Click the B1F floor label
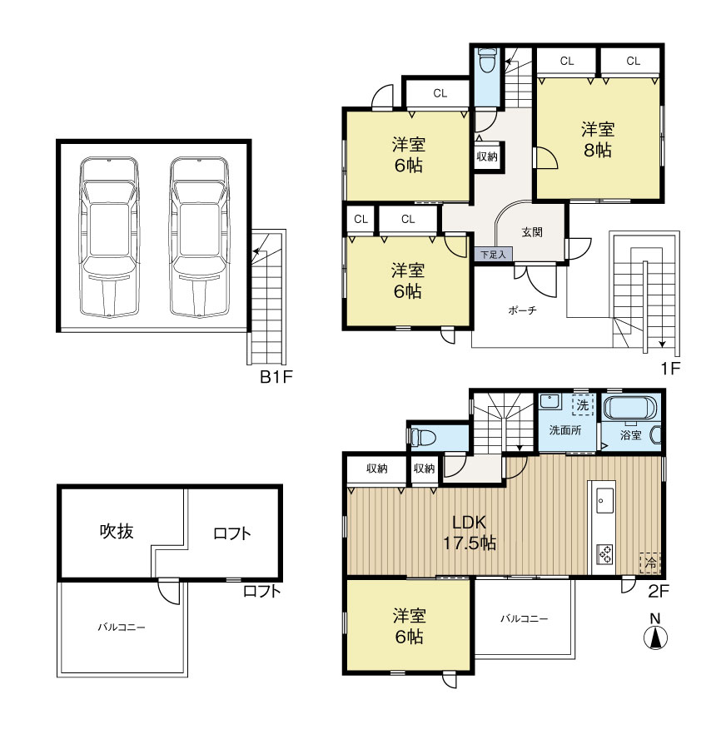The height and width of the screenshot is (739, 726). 276,376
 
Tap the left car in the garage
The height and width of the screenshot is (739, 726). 109,236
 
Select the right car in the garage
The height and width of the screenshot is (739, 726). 200,236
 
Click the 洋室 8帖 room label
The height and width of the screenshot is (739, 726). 597,140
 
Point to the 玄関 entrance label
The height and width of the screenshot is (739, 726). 532,232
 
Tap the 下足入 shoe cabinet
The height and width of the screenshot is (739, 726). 493,255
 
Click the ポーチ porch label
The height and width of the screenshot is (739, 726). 522,310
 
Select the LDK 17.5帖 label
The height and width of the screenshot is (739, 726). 469,533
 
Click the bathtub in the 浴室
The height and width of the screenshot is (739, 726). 629,408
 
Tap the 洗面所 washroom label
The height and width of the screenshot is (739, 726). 564,429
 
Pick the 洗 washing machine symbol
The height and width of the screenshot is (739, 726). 583,404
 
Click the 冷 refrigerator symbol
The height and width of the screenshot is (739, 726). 650,563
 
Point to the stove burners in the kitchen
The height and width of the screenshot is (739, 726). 605,554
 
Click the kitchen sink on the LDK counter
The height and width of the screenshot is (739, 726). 604,500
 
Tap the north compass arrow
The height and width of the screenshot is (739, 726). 654,638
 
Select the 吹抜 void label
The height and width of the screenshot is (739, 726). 117,531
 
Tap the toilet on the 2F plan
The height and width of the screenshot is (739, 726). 422,437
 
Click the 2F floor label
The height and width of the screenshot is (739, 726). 659,591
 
